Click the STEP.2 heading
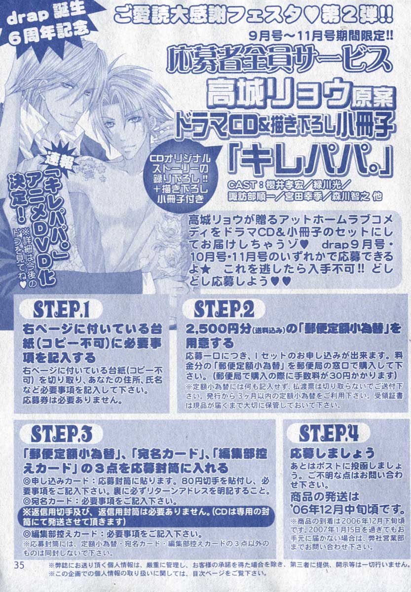point(224,310)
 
